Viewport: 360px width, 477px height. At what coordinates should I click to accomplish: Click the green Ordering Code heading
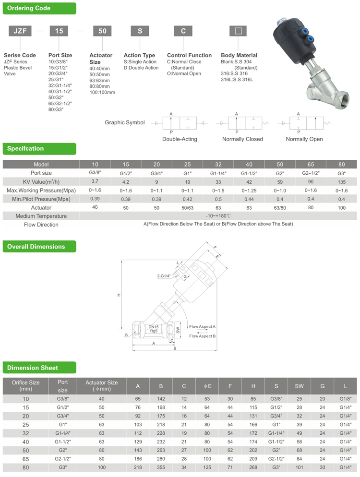click(x=39, y=8)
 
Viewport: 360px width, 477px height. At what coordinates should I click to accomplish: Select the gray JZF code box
click(x=20, y=31)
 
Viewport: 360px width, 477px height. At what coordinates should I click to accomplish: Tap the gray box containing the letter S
click(x=140, y=31)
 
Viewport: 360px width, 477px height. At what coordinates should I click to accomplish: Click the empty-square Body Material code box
click(x=238, y=31)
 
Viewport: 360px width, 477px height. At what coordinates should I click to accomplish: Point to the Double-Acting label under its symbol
click(x=180, y=139)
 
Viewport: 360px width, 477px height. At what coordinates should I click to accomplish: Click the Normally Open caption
click(x=304, y=139)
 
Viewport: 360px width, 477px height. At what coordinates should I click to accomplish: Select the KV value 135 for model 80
click(x=341, y=182)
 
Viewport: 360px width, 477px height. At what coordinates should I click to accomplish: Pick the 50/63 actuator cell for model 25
click(x=188, y=208)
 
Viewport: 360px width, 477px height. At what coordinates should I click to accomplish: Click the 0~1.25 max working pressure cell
click(x=249, y=191)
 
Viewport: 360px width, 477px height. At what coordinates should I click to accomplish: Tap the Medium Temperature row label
click(x=41, y=216)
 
